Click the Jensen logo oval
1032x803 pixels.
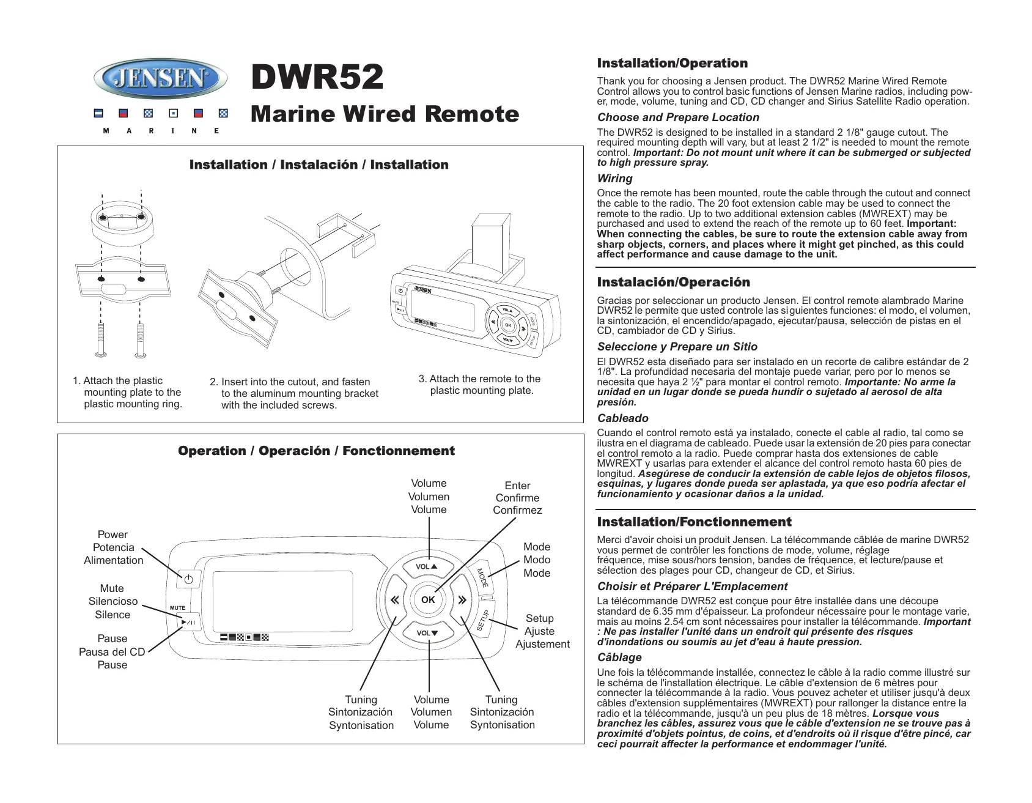click(x=160, y=79)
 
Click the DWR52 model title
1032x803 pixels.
click(x=317, y=77)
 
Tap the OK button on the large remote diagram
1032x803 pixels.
click(x=428, y=599)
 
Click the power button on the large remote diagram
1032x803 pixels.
click(x=188, y=579)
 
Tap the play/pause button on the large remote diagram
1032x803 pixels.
click(x=188, y=623)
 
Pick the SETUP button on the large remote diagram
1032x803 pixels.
click(x=483, y=620)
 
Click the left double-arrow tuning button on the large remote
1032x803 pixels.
click(x=394, y=600)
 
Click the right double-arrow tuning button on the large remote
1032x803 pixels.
click(x=462, y=600)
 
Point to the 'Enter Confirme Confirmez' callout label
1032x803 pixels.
click(x=517, y=498)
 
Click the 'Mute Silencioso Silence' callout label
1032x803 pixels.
click(x=112, y=601)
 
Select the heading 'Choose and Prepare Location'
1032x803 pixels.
click(x=678, y=117)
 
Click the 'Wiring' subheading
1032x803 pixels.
click(x=615, y=179)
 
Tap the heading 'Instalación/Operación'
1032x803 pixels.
click(x=673, y=283)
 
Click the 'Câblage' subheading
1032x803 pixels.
click(x=619, y=657)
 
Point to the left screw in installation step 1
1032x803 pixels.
click(x=101, y=339)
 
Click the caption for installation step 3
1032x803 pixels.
click(x=480, y=385)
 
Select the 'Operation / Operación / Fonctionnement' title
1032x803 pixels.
click(x=316, y=451)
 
